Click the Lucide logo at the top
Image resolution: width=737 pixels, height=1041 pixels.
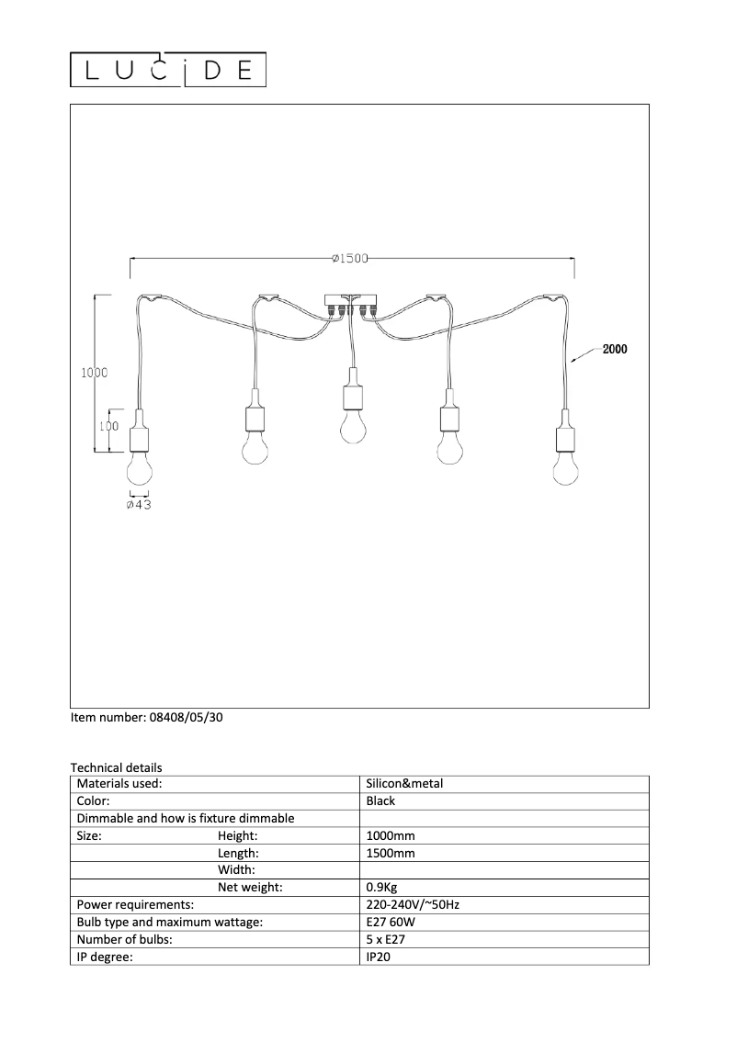[x=169, y=71]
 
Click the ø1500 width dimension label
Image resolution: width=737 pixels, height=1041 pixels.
[x=349, y=259]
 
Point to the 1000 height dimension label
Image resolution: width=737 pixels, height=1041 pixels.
[x=95, y=373]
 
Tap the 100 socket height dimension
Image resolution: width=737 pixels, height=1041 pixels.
[x=109, y=426]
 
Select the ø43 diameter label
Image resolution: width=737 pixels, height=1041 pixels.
[x=139, y=504]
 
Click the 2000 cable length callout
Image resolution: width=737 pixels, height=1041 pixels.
[x=615, y=350]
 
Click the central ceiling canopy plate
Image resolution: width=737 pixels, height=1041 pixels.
[x=350, y=299]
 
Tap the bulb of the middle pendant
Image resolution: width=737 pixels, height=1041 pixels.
[x=350, y=426]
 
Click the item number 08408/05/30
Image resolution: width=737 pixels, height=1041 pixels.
[x=147, y=719]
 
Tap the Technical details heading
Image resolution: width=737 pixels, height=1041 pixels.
[x=117, y=767]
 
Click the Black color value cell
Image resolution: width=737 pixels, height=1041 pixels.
[x=380, y=800]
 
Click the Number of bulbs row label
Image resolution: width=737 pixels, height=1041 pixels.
[x=125, y=939]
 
